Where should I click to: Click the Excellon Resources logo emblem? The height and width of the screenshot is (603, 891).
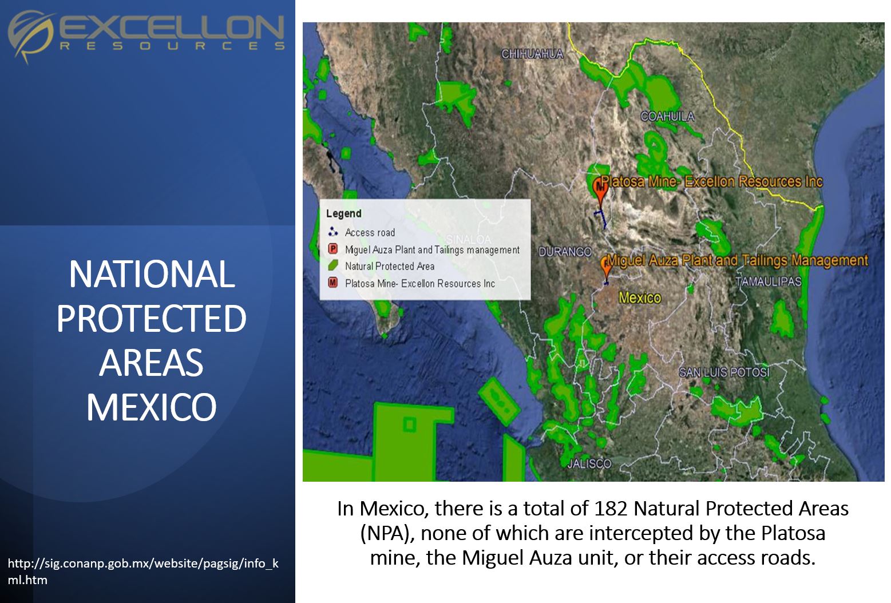pyautogui.click(x=30, y=35)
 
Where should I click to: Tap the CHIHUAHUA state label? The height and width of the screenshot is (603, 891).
pyautogui.click(x=532, y=54)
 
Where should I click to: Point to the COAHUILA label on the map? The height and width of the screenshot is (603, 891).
pyautogui.click(x=667, y=116)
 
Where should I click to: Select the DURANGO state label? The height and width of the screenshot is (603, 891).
pyautogui.click(x=565, y=251)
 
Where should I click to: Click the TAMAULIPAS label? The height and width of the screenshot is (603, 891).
pyautogui.click(x=768, y=281)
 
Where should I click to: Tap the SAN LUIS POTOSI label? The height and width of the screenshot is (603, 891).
pyautogui.click(x=724, y=372)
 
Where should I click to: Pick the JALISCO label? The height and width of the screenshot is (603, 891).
pyautogui.click(x=589, y=463)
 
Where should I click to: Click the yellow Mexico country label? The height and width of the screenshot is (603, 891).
pyautogui.click(x=640, y=297)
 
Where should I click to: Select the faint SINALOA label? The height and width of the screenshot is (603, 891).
pyautogui.click(x=469, y=240)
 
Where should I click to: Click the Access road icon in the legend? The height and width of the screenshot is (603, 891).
pyautogui.click(x=333, y=232)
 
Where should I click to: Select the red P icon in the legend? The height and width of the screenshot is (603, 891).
pyautogui.click(x=333, y=249)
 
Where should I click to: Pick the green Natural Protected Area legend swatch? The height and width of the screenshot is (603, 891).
pyautogui.click(x=333, y=265)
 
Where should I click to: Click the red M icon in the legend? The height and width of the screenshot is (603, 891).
pyautogui.click(x=333, y=283)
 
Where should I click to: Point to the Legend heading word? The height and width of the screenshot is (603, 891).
pyautogui.click(x=344, y=213)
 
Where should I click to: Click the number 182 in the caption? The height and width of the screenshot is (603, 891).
pyautogui.click(x=610, y=509)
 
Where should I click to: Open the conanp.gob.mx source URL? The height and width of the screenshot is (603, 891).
pyautogui.click(x=143, y=571)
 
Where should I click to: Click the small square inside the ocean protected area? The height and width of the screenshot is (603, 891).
pyautogui.click(x=409, y=425)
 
